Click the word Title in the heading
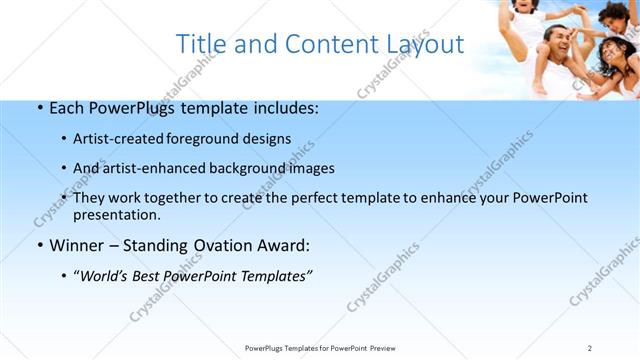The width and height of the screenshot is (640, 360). pyautogui.click(x=200, y=45)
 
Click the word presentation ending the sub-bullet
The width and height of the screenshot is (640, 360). pyautogui.click(x=116, y=214)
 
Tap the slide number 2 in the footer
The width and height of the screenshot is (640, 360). pyautogui.click(x=589, y=347)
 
